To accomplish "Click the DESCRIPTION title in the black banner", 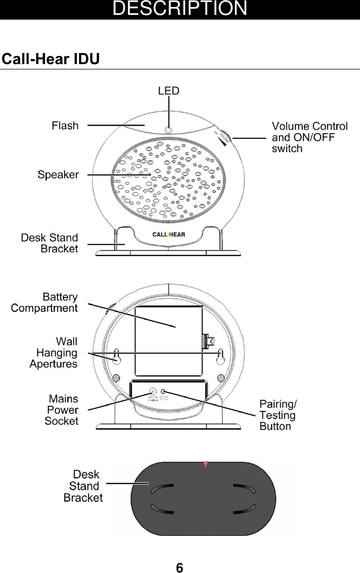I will (180, 9).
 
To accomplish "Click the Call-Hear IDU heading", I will (51, 59).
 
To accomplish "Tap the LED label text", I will (169, 91).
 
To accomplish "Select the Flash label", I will (65, 126).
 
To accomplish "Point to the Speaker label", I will (58, 174).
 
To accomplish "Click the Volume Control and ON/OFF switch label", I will (310, 137).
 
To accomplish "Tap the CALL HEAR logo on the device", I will (169, 234).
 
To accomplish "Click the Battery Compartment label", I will (45, 302).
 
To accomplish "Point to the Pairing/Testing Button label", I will (278, 415).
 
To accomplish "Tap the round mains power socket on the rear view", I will (152, 393).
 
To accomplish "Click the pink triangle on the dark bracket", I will (205, 464).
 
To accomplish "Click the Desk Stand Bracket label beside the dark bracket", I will (83, 486).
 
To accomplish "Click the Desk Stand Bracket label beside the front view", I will (49, 243).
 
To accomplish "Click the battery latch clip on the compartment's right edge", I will (208, 343).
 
